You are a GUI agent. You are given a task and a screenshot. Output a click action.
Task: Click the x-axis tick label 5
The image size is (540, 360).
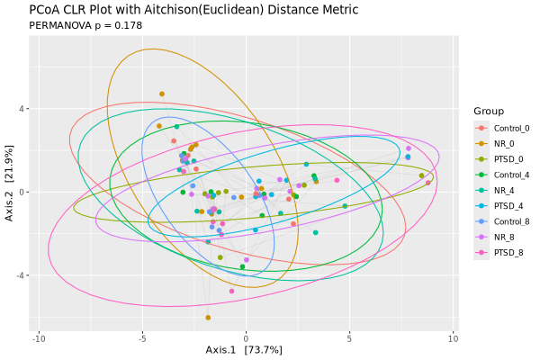(349, 338)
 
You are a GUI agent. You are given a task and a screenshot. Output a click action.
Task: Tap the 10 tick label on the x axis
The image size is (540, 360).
(453, 338)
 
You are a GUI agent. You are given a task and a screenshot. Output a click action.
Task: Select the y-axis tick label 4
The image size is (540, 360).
(23, 109)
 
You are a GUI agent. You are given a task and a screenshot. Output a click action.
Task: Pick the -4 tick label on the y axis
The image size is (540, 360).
(22, 275)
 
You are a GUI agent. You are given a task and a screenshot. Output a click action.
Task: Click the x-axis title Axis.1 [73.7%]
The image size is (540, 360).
(244, 350)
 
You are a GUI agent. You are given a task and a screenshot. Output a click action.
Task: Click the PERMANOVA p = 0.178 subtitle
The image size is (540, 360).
(86, 25)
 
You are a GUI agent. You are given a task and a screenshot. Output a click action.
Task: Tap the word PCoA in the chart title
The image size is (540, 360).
(46, 9)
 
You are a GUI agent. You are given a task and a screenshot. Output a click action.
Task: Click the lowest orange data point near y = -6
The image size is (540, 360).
(208, 318)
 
